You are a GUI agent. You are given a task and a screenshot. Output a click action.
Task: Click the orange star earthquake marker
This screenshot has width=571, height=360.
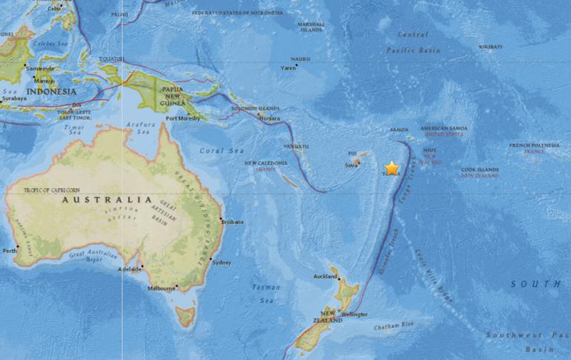(392, 168)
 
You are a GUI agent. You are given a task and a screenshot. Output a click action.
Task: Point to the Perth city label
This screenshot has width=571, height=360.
(10, 251)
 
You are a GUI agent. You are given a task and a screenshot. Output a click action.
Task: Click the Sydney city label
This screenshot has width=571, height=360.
(222, 263)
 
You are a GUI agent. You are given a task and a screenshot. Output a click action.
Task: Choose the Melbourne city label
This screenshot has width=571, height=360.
(161, 288)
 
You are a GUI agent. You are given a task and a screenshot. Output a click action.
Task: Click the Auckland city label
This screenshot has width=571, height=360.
(325, 276)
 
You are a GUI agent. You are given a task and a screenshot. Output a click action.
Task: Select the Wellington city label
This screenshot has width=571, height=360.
(356, 314)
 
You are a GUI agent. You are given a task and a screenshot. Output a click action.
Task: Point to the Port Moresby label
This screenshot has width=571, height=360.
(182, 118)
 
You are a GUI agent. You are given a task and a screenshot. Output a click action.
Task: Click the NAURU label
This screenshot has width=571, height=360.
(300, 58)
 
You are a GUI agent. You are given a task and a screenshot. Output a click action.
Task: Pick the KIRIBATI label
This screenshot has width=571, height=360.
(490, 46)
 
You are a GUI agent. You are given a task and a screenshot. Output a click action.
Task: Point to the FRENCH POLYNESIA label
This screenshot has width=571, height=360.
(534, 145)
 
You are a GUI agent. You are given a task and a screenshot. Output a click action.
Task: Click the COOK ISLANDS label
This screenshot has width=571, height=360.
(479, 170)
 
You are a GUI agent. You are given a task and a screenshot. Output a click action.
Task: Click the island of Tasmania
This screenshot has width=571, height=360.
(185, 317)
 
